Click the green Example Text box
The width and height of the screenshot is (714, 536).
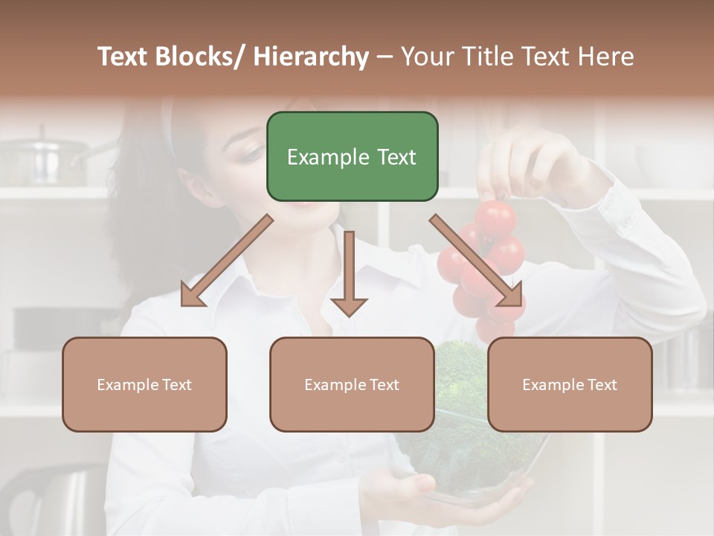pyautogui.click(x=352, y=156)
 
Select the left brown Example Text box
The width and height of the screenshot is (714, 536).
pyautogui.click(x=144, y=384)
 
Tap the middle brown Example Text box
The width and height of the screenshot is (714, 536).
pyautogui.click(x=352, y=384)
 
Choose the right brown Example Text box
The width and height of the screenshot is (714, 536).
pyautogui.click(x=570, y=384)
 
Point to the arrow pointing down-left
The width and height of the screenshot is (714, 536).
pyautogui.click(x=227, y=261)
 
